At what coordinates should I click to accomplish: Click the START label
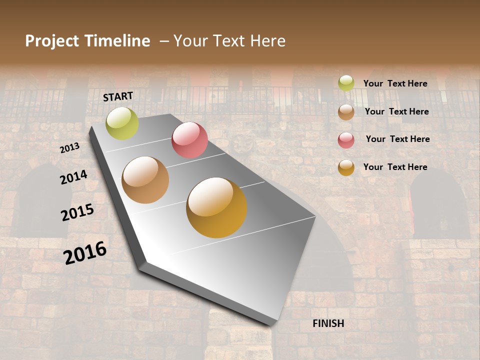[x=118, y=96]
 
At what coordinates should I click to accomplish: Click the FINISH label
[x=328, y=323]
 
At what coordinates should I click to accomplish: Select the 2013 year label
[x=69, y=148]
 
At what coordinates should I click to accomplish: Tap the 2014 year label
[x=74, y=177]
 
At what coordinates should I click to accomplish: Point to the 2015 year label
[x=77, y=212]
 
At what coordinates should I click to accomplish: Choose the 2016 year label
[x=85, y=252]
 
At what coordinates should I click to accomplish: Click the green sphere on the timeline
[x=122, y=123]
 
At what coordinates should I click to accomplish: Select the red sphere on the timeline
[x=189, y=140]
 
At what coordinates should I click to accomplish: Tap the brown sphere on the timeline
[x=145, y=180]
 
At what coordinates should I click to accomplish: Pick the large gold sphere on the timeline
[x=216, y=207]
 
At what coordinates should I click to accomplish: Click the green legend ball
[x=346, y=83]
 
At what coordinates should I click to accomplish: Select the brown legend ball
[x=346, y=112]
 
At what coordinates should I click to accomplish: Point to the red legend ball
[x=346, y=140]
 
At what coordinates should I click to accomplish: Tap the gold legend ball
[x=346, y=167]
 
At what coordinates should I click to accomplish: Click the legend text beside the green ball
[x=395, y=83]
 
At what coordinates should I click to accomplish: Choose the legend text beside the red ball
[x=397, y=139]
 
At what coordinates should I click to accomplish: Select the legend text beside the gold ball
[x=395, y=167]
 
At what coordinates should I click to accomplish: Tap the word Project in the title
[x=51, y=41]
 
